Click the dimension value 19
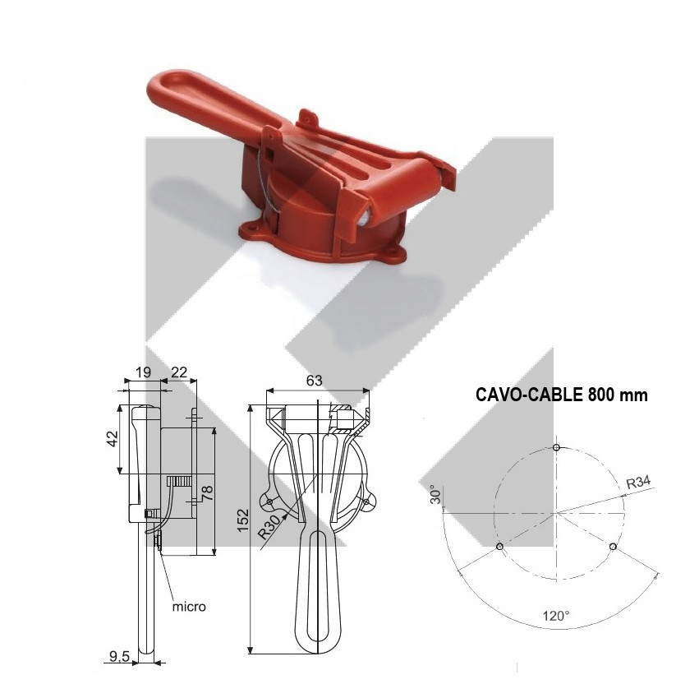143,372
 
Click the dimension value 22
179,372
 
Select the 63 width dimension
314,380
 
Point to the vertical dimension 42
113,438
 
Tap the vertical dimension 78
208,493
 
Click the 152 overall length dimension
243,520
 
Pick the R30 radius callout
270,525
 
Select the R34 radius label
638,483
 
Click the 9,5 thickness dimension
119,655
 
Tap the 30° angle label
436,495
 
